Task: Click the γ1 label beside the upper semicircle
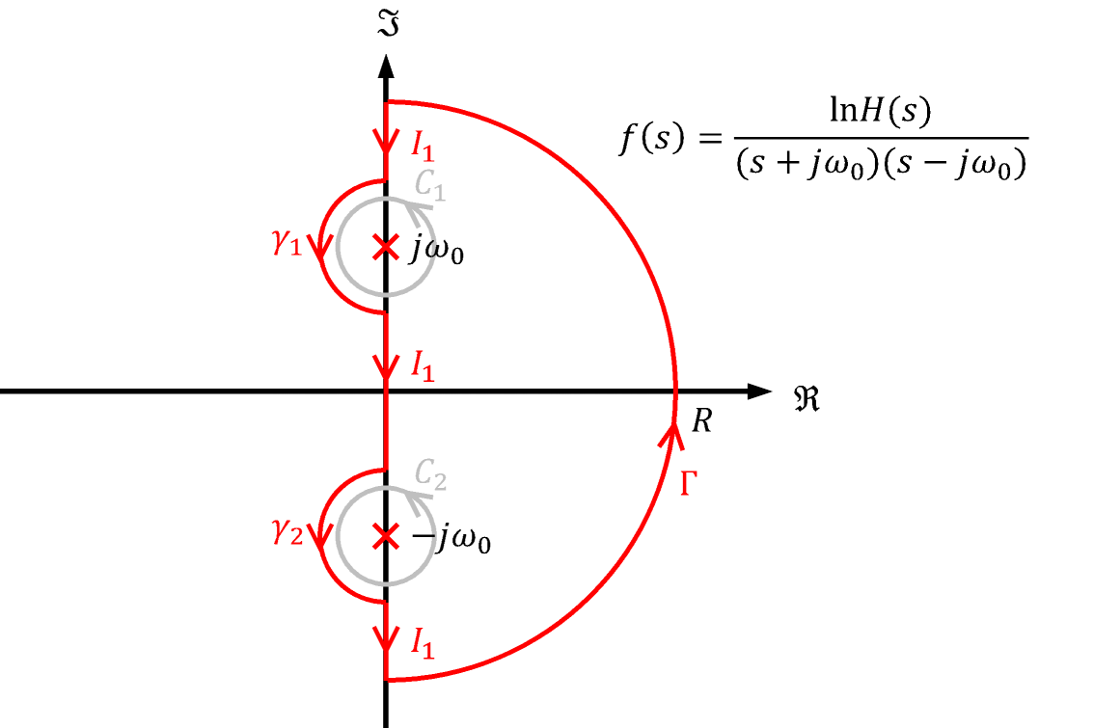(287, 244)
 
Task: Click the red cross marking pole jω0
(385, 249)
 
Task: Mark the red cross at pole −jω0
(385, 536)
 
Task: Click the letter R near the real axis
(701, 422)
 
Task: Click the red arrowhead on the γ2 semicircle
(320, 540)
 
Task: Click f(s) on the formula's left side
(649, 141)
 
